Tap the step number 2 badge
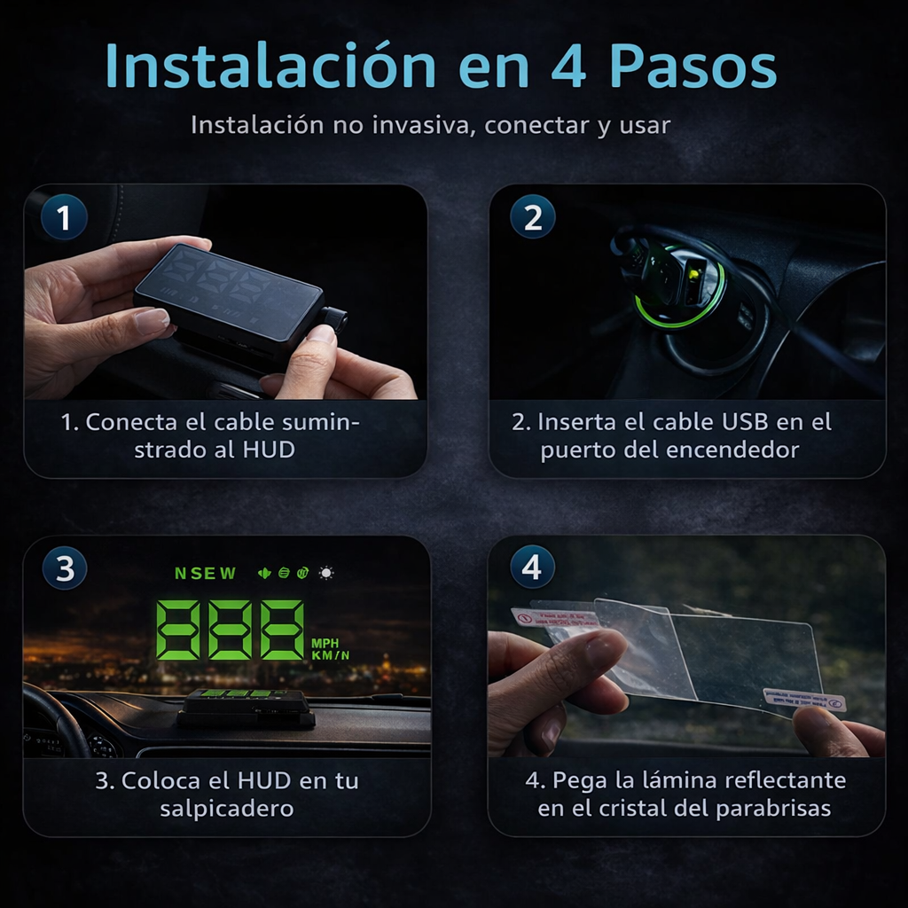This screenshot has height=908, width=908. (533, 217)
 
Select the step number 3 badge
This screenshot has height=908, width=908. (65, 568)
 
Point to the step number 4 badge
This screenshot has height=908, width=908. (532, 567)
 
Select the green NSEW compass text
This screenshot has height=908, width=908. (206, 573)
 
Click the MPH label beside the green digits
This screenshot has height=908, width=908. (325, 642)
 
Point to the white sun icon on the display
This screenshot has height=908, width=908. (327, 573)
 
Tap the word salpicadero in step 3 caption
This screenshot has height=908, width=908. (227, 809)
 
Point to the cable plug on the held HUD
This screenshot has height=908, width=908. (334, 318)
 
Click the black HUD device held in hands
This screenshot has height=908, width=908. (229, 297)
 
